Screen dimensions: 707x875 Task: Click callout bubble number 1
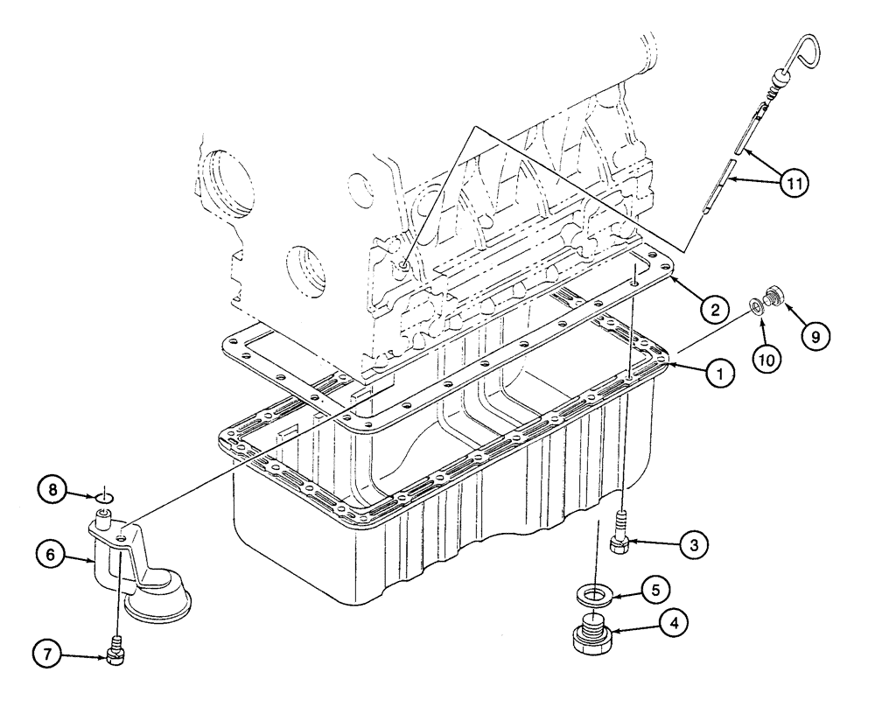[x=719, y=374]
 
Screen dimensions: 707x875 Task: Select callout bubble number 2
[x=716, y=308]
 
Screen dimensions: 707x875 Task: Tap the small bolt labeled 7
[x=114, y=653]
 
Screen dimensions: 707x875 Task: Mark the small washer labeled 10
[x=754, y=307]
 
